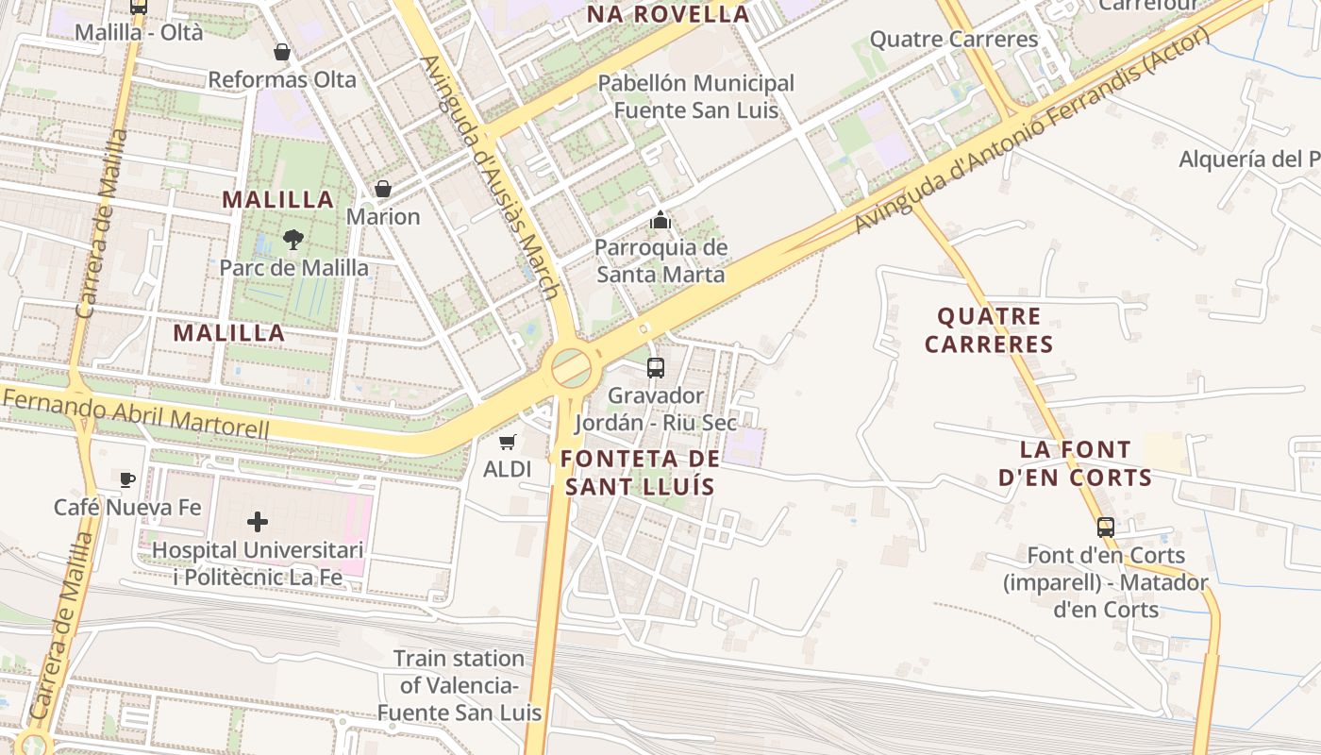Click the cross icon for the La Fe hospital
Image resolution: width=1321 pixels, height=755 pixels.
(x=257, y=521)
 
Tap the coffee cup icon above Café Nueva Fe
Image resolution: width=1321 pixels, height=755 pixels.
(x=127, y=479)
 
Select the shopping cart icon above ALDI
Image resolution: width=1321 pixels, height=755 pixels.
(x=508, y=442)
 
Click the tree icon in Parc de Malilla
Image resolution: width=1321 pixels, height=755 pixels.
(x=293, y=240)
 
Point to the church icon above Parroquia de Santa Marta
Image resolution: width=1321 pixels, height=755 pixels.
(x=660, y=221)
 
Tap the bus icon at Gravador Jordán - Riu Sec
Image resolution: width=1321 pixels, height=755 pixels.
(x=656, y=368)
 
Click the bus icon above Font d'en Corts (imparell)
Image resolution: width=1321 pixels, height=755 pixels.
(x=1106, y=528)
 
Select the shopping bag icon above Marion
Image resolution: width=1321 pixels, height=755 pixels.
(x=383, y=189)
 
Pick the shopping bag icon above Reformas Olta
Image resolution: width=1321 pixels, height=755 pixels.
(x=281, y=51)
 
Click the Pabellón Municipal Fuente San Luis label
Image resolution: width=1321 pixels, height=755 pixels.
(x=696, y=96)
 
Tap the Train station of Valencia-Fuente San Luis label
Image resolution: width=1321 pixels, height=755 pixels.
(x=460, y=685)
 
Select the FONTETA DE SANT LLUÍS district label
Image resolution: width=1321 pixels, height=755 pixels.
(x=640, y=473)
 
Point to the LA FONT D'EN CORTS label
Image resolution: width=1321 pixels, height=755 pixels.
(x=1076, y=463)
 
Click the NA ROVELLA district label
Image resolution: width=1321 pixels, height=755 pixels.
(x=668, y=14)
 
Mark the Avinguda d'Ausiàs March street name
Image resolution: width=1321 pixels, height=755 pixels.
(x=491, y=176)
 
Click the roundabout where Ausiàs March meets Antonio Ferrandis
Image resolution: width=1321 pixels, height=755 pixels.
(x=571, y=367)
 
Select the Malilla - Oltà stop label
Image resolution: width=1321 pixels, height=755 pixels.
(x=139, y=32)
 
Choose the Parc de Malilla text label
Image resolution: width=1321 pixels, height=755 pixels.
(x=294, y=268)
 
